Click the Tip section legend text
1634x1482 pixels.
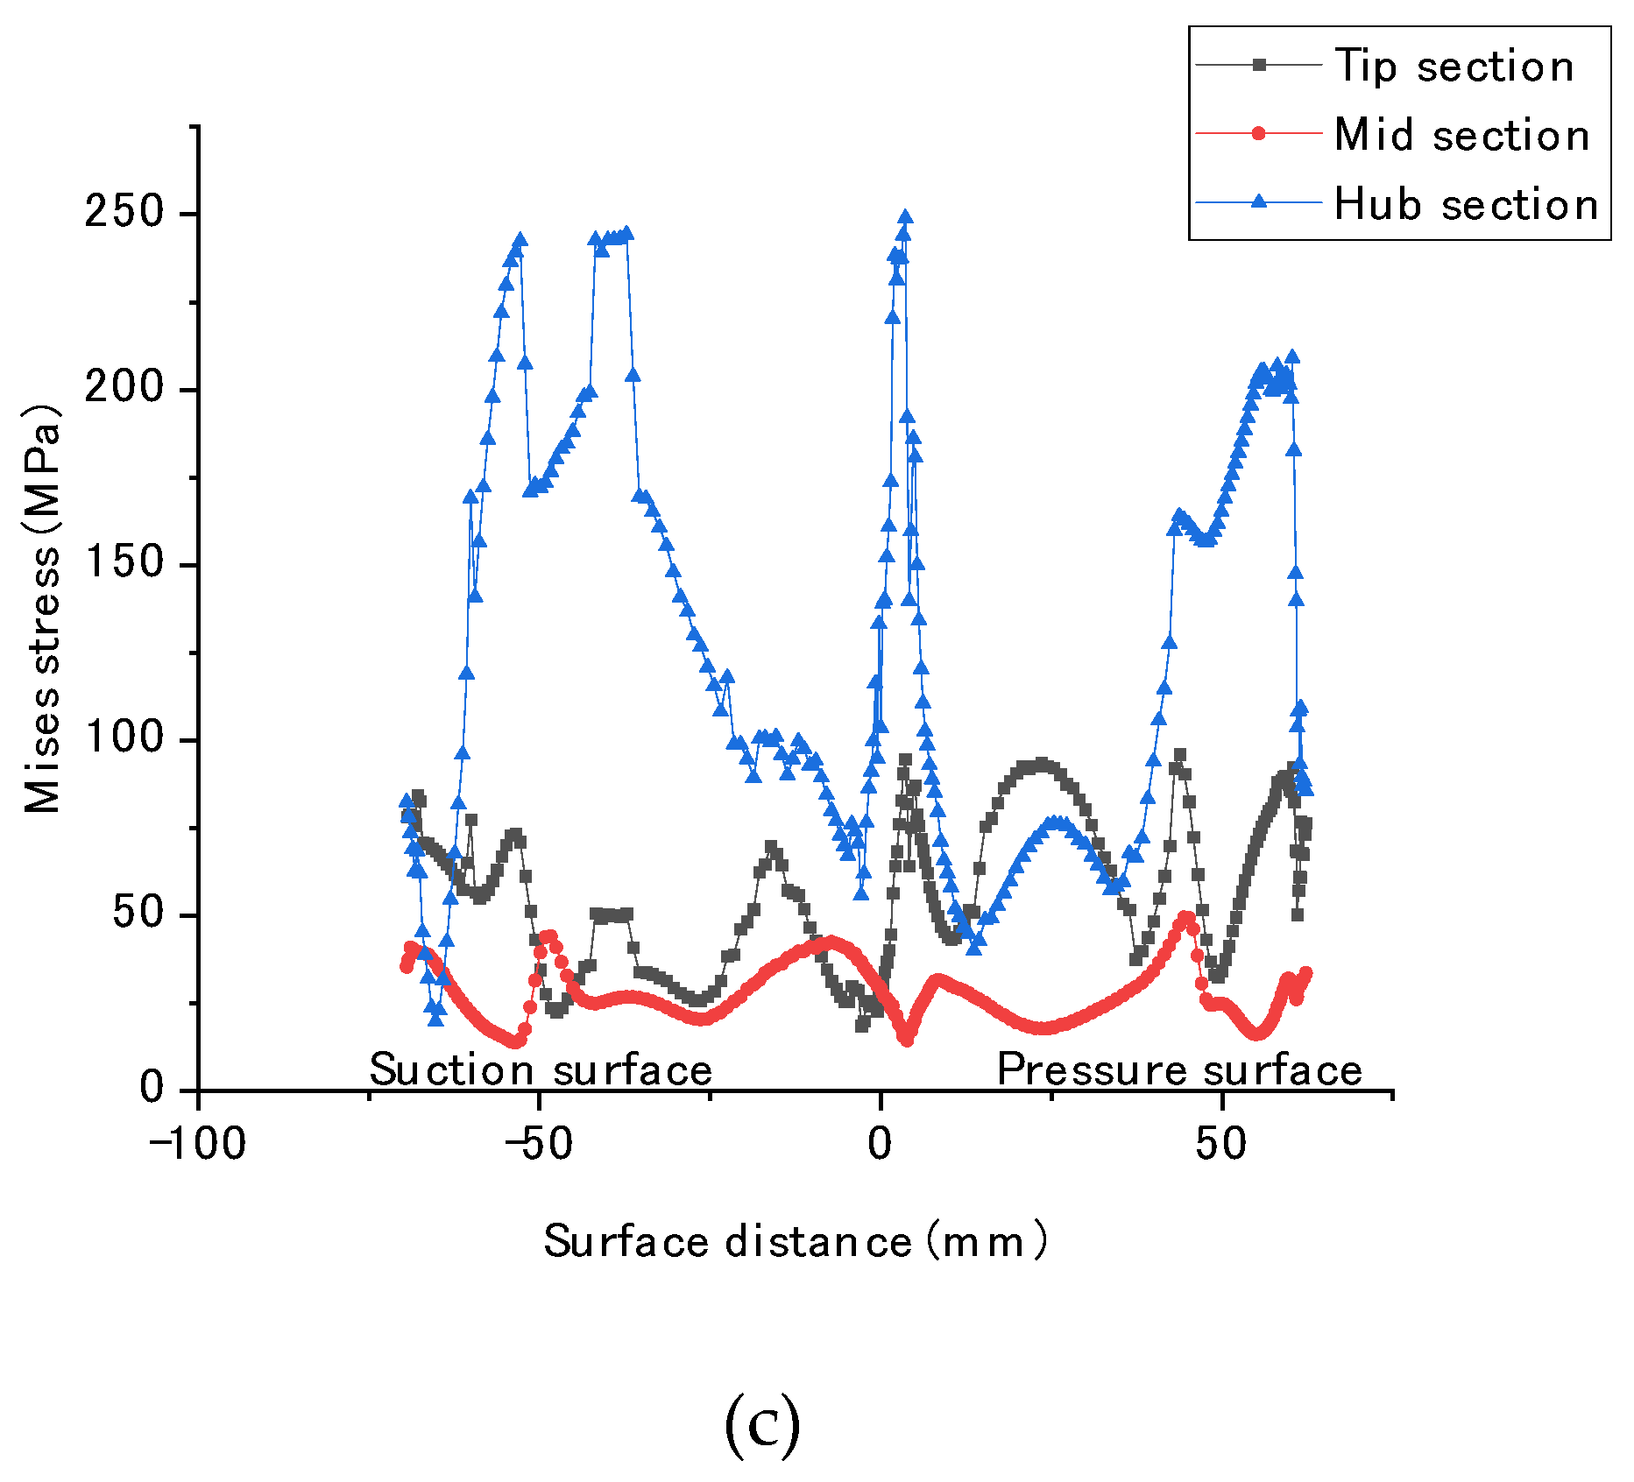pos(1454,67)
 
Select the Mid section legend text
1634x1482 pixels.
pos(1461,135)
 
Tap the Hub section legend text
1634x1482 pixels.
pos(1466,204)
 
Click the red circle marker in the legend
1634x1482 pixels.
pos(1259,133)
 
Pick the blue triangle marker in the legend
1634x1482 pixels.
pos(1259,201)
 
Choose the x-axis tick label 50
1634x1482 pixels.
pos(1220,1144)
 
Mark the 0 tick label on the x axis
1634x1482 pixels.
pos(880,1144)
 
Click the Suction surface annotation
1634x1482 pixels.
pos(541,1069)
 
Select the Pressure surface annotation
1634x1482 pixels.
pos(1179,1069)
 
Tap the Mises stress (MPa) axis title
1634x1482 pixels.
pos(41,609)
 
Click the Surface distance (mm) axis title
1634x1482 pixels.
pos(795,1241)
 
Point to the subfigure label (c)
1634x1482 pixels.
pos(762,1425)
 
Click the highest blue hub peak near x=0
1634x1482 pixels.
pos(905,216)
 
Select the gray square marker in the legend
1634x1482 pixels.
pos(1259,65)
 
